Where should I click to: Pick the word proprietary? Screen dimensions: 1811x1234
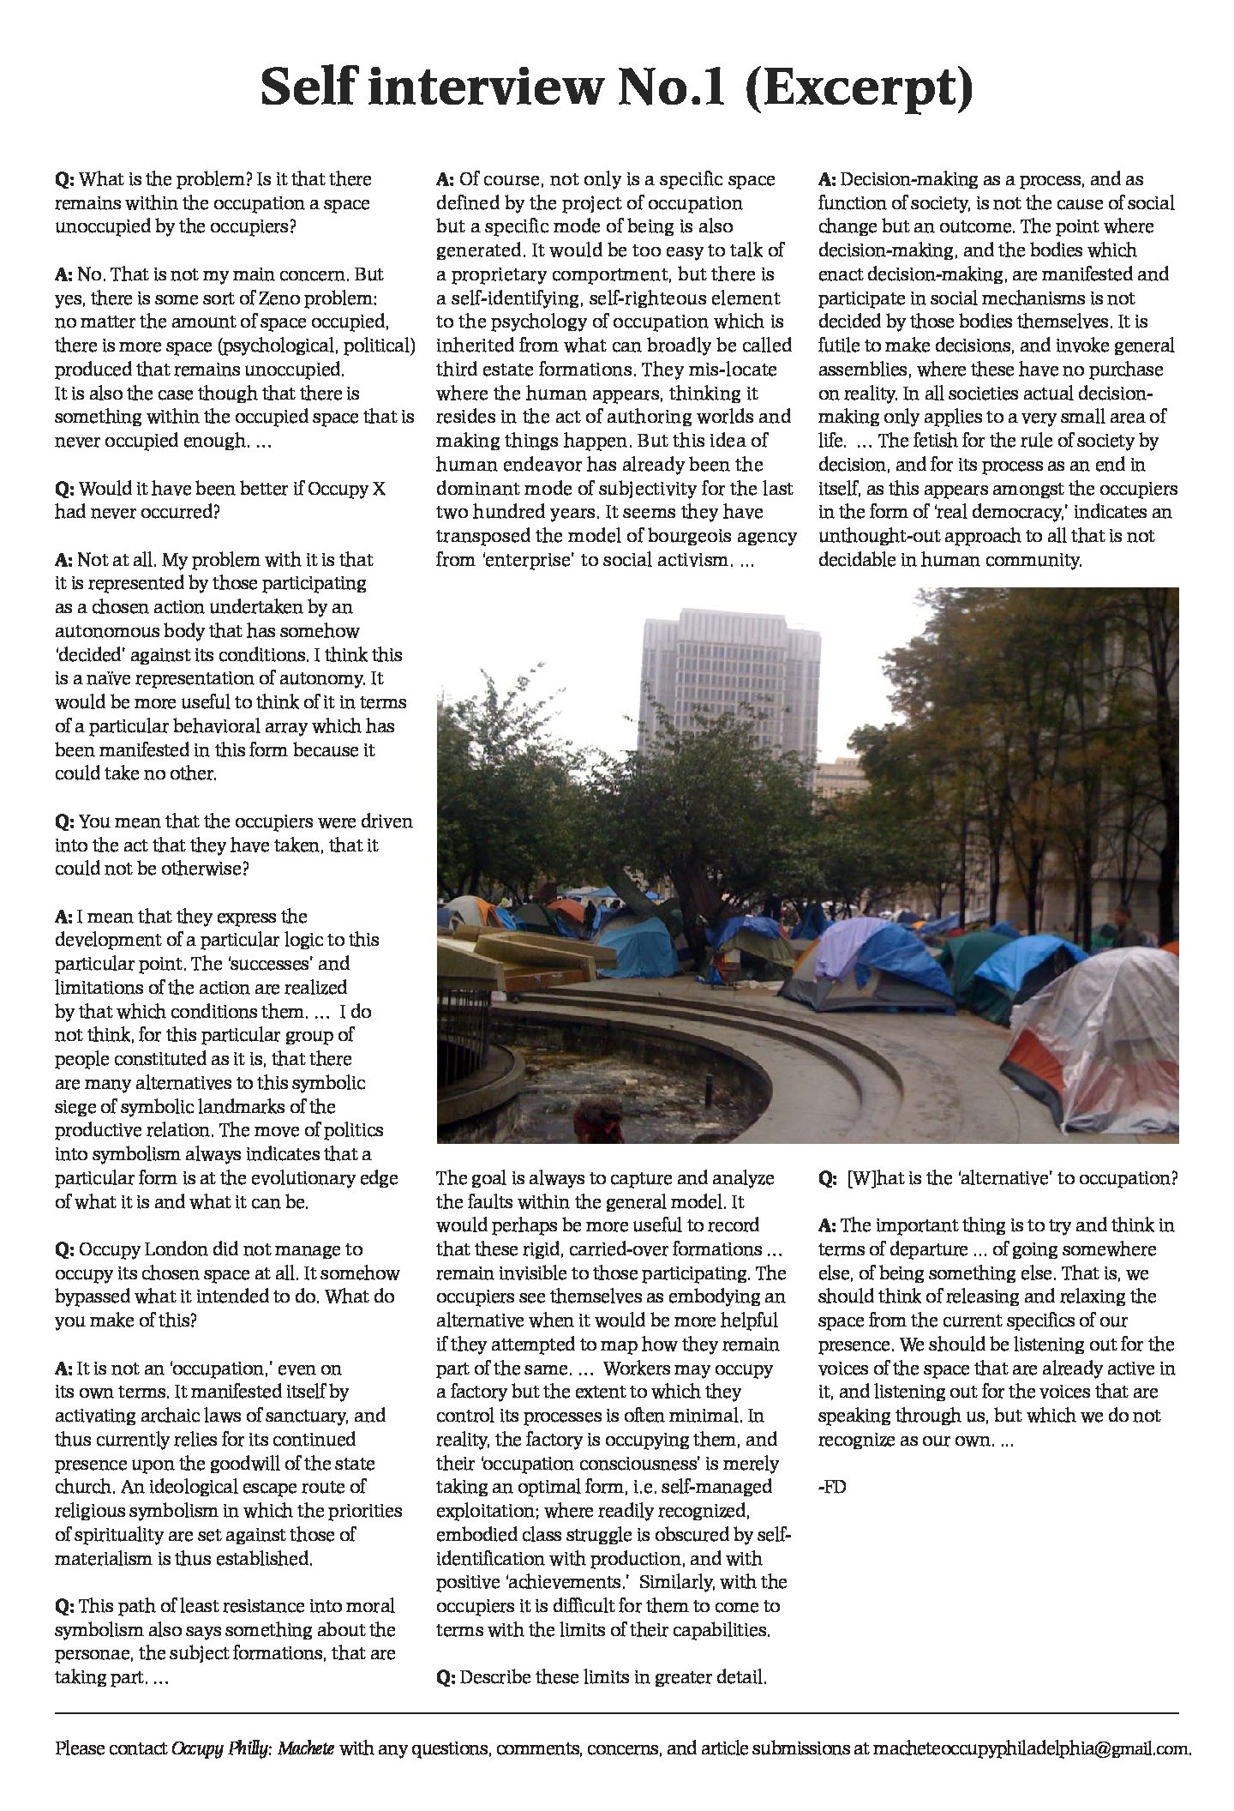[506, 274]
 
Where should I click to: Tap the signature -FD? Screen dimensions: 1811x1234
[832, 1487]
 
